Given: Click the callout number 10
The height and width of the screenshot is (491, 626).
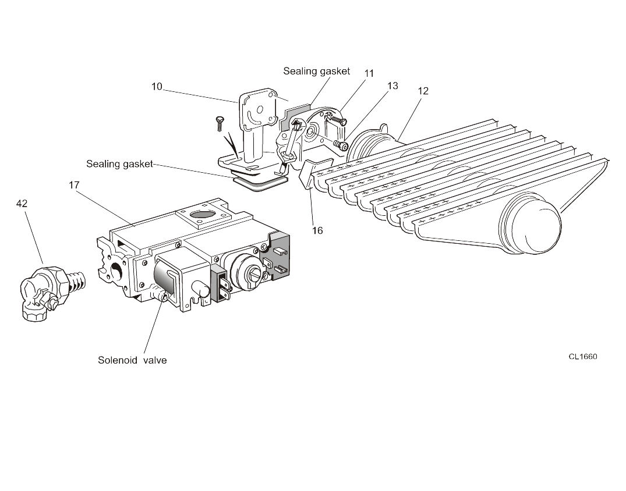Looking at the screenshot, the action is pyautogui.click(x=157, y=86).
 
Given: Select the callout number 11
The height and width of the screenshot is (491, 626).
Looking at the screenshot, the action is pyautogui.click(x=369, y=73).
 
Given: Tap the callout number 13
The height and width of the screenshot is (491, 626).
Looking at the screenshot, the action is pyautogui.click(x=393, y=86).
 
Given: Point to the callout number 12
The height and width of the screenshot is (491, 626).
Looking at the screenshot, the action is pyautogui.click(x=423, y=91).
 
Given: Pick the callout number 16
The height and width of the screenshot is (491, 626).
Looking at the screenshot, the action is pyautogui.click(x=317, y=230).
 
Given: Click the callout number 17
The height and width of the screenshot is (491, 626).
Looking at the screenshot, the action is pyautogui.click(x=75, y=185).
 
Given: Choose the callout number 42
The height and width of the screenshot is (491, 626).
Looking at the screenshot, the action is pyautogui.click(x=22, y=204).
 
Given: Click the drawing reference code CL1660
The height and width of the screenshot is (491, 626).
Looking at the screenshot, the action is pyautogui.click(x=583, y=356).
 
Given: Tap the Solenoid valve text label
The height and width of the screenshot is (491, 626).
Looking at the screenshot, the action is pyautogui.click(x=133, y=360).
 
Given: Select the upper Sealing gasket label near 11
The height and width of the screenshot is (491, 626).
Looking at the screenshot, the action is pyautogui.click(x=317, y=72).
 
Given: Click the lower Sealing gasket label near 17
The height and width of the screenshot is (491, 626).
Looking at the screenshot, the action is pyautogui.click(x=120, y=164).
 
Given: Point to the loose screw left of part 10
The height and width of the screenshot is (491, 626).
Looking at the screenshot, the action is pyautogui.click(x=219, y=123).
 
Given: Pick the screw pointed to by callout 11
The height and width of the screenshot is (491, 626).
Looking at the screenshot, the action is pyautogui.click(x=336, y=118).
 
